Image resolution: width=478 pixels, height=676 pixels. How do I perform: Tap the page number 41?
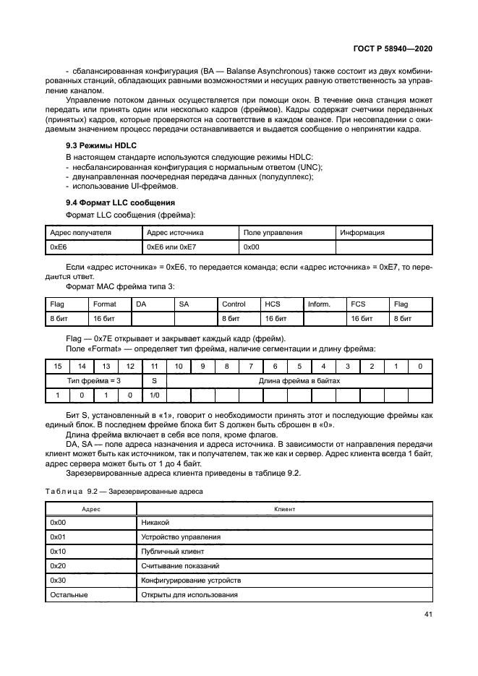(427, 615)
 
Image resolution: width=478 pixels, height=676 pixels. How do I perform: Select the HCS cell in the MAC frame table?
(272, 304)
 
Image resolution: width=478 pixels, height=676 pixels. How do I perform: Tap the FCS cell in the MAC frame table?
(359, 304)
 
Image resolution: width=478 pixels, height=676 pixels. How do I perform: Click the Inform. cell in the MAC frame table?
(319, 304)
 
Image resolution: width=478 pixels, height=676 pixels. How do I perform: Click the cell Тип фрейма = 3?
(93, 380)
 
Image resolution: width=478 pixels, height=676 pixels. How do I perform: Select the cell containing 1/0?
(153, 395)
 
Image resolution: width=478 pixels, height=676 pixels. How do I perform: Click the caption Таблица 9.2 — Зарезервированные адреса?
(124, 491)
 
